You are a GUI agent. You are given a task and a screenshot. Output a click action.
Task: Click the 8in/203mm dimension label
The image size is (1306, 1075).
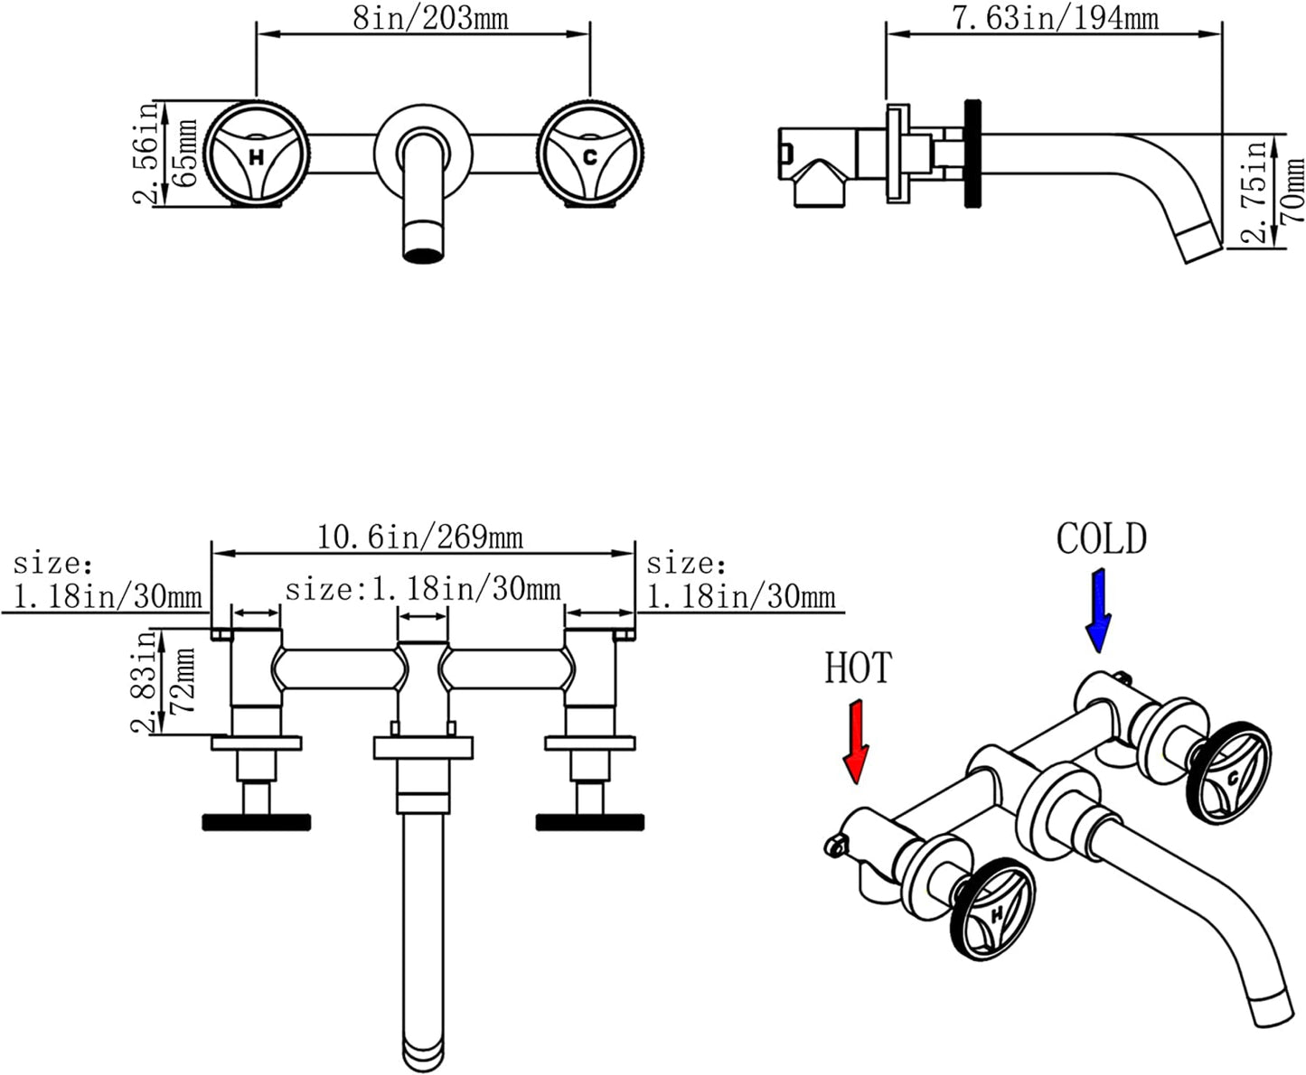point(429,18)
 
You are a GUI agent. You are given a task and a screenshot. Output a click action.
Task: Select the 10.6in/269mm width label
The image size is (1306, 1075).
point(419,538)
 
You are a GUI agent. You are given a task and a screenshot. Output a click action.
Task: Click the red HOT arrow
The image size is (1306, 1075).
point(854,741)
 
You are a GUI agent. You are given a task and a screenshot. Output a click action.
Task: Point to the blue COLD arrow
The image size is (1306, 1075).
point(1099,611)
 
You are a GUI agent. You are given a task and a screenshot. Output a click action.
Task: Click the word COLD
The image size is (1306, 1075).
point(1101,539)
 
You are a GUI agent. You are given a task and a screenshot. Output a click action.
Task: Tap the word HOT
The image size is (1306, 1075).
point(858,668)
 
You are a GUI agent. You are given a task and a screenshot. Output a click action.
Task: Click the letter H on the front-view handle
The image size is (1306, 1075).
point(257,157)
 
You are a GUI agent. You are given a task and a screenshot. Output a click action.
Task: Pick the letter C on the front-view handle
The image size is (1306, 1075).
point(589,157)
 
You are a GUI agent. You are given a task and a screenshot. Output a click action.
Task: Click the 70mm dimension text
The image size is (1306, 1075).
point(1293,192)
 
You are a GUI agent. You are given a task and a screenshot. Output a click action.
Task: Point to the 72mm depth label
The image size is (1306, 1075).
point(184,680)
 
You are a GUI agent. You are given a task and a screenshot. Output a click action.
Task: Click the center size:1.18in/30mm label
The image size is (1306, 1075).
point(422,590)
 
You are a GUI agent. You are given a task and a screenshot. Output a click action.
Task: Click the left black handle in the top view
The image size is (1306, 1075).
point(257,821)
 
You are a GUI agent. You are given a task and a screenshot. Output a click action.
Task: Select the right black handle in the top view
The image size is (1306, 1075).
point(589,821)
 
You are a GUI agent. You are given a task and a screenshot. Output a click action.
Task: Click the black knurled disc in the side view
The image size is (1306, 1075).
point(972,154)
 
